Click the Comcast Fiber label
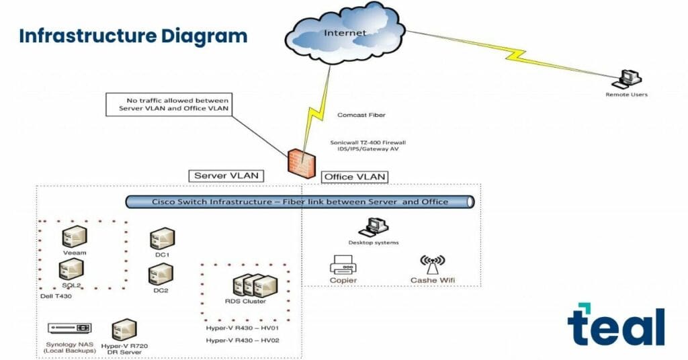tap(361, 116)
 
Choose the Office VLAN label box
tap(355, 177)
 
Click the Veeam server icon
tap(74, 237)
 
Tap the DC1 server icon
tap(162, 239)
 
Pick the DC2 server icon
tap(161, 274)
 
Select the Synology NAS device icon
tap(69, 328)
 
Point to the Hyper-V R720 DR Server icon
tap(124, 330)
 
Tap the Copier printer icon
tap(343, 265)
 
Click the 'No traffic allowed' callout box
tap(169, 103)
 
